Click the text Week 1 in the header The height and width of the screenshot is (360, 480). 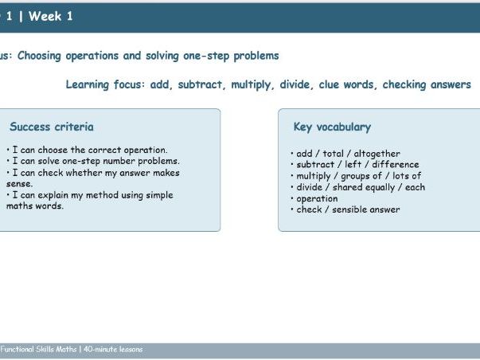pos(50,16)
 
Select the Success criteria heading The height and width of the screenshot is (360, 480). pos(51,127)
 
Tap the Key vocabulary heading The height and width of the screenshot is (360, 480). pos(332,127)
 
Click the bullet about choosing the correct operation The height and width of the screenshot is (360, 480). pos(87,150)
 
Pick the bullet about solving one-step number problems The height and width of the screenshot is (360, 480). pos(92,161)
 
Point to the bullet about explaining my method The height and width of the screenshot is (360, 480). pos(89,195)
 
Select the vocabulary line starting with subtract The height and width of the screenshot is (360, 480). pos(354,165)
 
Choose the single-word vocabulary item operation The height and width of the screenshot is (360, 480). pos(317,198)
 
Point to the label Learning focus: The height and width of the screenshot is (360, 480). pos(104,84)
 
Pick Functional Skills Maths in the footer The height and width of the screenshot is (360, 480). pos(37,350)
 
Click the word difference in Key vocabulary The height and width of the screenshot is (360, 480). pos(395,165)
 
